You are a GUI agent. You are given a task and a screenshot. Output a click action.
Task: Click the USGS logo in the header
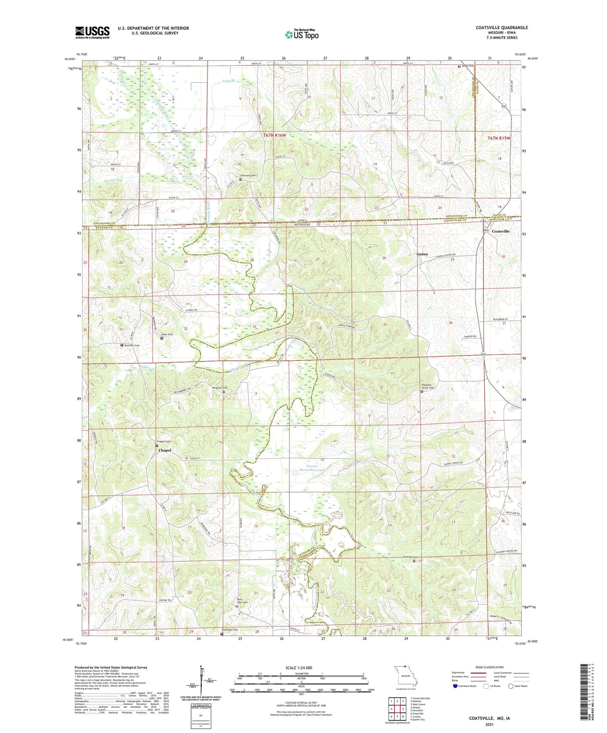tap(92, 32)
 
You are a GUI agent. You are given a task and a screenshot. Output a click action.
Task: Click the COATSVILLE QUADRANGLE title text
tap(502, 28)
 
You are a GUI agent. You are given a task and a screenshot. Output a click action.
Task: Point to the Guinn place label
tap(422, 254)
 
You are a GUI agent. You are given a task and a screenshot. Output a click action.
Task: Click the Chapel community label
tap(165, 450)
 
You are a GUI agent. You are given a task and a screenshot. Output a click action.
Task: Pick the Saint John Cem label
tap(242, 601)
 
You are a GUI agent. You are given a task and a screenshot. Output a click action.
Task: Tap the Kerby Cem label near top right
tap(468, 66)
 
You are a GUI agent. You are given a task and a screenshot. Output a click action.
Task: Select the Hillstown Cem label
tap(247, 175)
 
